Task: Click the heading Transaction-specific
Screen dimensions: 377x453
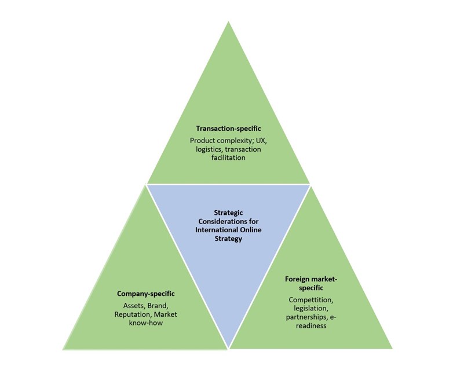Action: coord(228,128)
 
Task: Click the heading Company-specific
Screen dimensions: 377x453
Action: coord(145,293)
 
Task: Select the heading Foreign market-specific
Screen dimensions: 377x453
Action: coord(310,283)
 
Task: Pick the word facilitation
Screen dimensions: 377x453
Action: coord(228,158)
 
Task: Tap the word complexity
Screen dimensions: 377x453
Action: coord(233,140)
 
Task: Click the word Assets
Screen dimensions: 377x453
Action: coord(135,305)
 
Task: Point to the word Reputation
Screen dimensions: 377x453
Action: coord(133,314)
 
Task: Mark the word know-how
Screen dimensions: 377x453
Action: coord(145,324)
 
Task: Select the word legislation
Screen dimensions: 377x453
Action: coord(310,308)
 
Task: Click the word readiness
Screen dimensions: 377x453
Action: coord(310,326)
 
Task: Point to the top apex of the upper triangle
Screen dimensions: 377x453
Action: coord(228,23)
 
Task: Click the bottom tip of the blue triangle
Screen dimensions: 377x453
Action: coord(229,347)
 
